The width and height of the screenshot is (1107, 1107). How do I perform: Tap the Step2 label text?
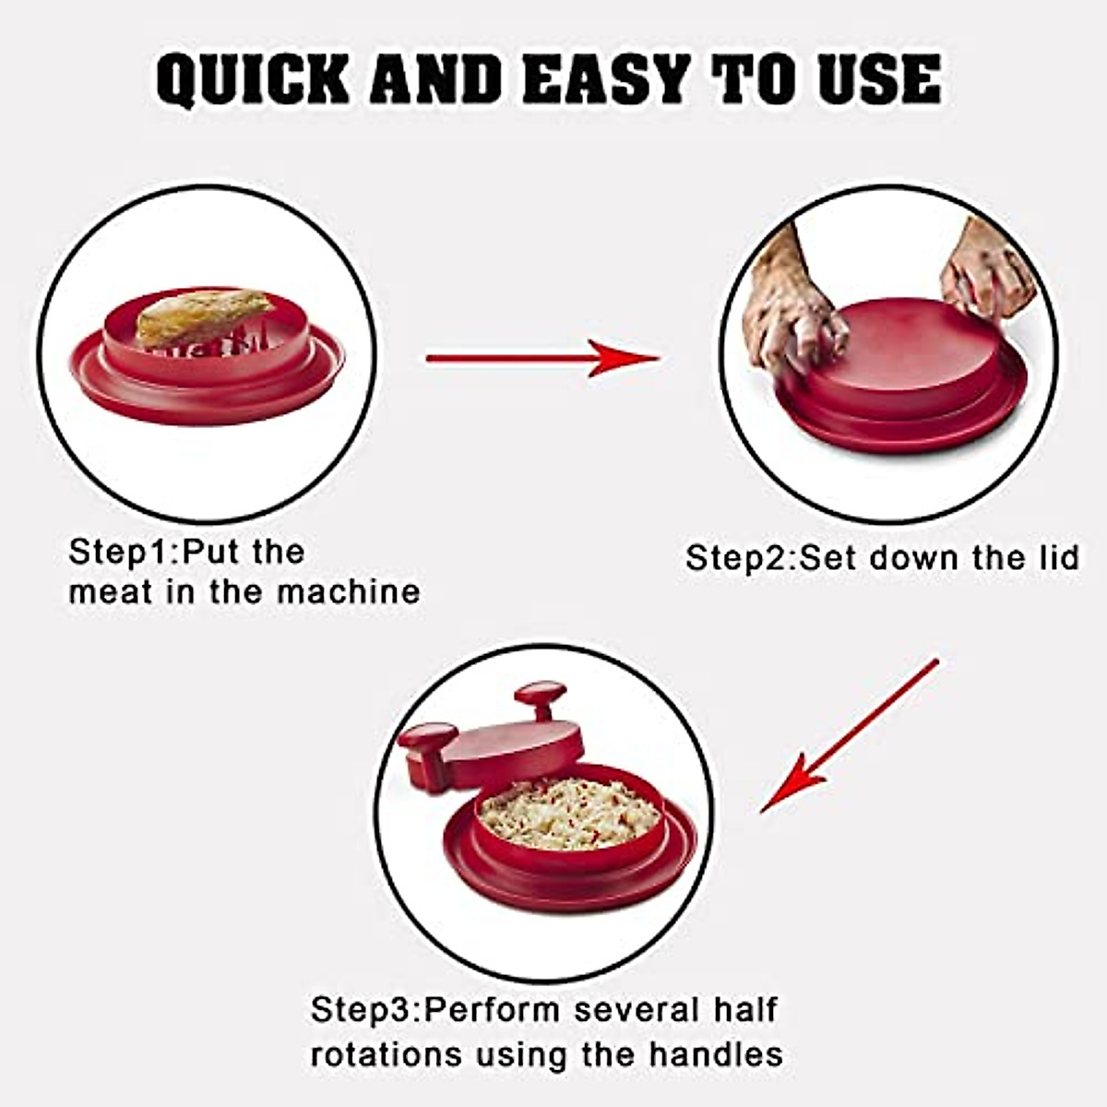coord(739,558)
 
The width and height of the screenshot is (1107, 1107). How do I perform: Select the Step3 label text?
coord(364,1009)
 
